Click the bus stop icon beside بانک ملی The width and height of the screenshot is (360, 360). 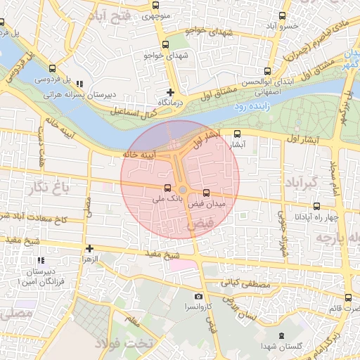(167, 188)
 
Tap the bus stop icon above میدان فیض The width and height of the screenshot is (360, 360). (206, 193)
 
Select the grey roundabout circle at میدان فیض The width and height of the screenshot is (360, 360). (183, 190)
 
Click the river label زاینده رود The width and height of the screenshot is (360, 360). (247, 105)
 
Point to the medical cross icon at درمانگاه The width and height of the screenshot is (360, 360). (170, 92)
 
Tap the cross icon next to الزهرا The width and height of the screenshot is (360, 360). (89, 248)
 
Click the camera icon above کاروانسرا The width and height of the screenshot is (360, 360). (198, 297)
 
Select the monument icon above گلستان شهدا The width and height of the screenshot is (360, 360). (282, 335)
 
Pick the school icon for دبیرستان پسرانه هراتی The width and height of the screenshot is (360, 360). (79, 83)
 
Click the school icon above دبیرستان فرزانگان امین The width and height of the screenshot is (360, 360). (41, 261)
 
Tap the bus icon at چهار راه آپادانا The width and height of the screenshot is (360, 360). (316, 206)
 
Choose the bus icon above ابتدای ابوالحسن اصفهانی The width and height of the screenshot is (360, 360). (266, 71)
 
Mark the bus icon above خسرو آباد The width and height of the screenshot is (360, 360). (282, 15)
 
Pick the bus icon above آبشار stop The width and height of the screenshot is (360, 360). (237, 133)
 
